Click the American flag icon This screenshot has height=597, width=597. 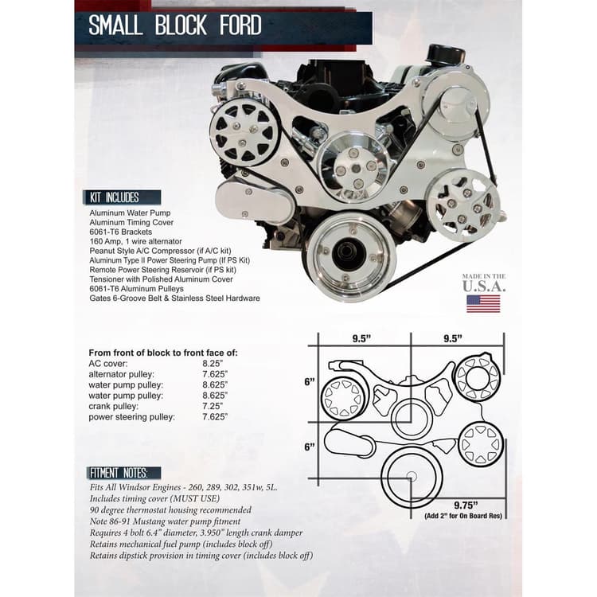tap(483, 303)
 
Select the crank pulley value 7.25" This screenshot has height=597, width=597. tap(213, 405)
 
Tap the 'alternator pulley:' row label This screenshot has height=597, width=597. tap(121, 373)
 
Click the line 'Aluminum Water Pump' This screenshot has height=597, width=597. tap(131, 214)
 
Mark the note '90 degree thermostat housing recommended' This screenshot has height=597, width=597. tap(170, 510)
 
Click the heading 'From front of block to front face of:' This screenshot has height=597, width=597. tap(162, 352)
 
